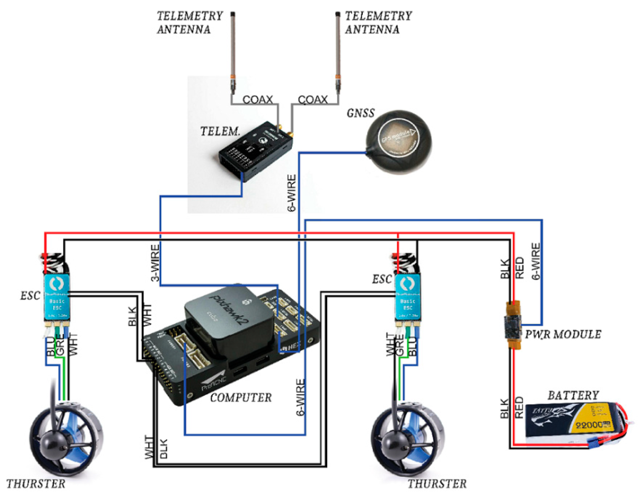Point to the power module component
pos(513,324)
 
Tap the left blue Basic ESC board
pos(57,297)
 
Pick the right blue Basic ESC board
pos(408,297)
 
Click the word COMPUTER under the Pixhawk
pos(241,397)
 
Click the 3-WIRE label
pos(156,263)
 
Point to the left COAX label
pos(257,100)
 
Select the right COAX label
pos(313,100)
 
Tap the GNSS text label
pos(360,113)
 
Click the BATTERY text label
pos(573,395)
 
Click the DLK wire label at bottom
pos(163,448)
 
